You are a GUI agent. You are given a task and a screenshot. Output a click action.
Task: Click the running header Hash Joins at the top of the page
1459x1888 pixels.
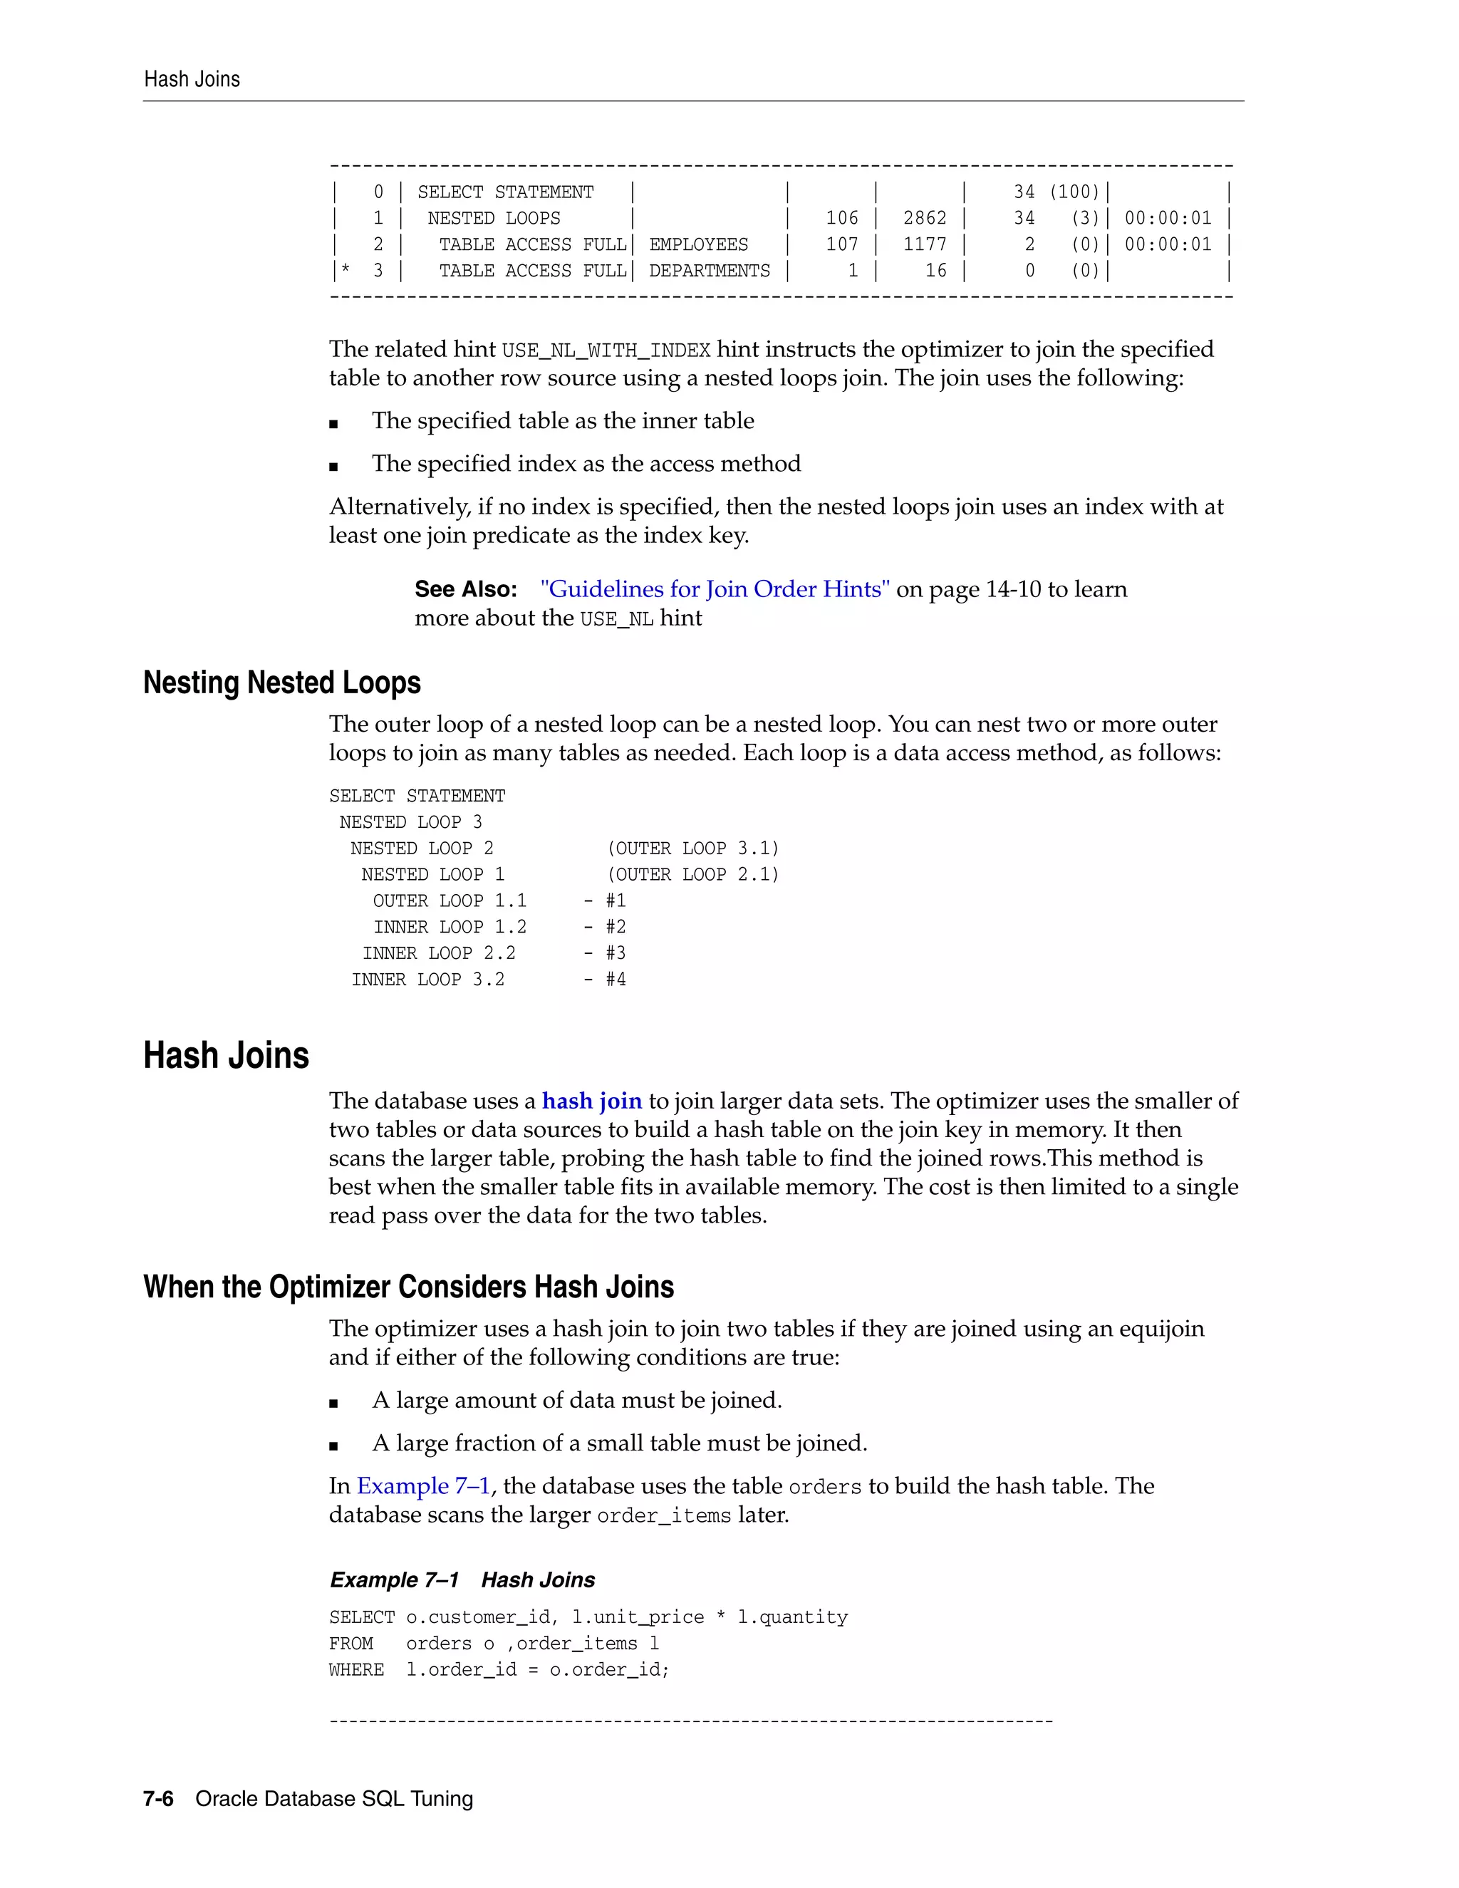click(192, 80)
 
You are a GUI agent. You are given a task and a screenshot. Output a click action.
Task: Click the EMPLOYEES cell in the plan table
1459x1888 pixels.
click(698, 244)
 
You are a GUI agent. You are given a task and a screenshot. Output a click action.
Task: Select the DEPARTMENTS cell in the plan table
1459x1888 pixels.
click(709, 271)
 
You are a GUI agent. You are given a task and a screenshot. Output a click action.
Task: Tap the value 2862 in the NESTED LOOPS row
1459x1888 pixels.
click(924, 219)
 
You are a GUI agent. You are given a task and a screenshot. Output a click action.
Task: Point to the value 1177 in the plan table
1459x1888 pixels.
click(924, 244)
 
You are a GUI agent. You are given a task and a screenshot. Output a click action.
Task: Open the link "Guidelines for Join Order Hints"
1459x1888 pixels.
click(714, 590)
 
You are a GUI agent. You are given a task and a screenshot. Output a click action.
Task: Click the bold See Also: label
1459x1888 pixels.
click(465, 590)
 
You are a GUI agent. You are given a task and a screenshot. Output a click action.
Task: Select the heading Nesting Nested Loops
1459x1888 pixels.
click(282, 683)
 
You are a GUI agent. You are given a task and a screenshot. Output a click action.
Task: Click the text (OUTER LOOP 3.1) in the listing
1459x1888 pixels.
click(692, 848)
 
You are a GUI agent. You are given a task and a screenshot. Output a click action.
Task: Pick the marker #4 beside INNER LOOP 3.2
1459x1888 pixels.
click(616, 980)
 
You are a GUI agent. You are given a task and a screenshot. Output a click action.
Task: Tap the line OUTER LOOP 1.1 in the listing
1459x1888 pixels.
click(450, 901)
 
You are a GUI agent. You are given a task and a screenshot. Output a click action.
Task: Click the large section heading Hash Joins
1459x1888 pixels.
click(226, 1056)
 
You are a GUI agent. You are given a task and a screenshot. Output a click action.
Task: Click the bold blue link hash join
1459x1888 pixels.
click(591, 1101)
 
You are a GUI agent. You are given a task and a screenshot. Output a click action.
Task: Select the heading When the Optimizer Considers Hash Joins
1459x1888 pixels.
click(408, 1287)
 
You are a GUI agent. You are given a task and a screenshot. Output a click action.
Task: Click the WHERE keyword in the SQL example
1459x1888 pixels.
click(356, 1670)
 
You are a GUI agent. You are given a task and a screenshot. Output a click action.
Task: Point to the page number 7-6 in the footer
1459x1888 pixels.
click(158, 1799)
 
